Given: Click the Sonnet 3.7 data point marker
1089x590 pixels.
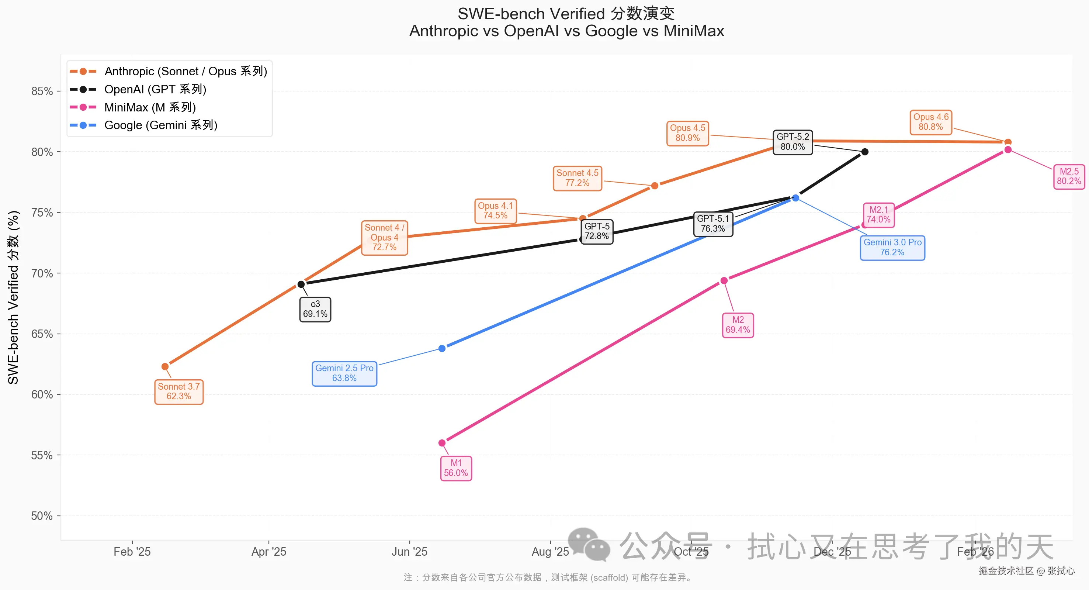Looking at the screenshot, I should pos(165,366).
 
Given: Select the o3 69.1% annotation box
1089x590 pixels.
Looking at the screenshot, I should pos(315,309).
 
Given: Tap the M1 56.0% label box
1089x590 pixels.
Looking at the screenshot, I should pos(456,468).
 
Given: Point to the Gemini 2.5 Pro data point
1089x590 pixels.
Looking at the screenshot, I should pos(442,348).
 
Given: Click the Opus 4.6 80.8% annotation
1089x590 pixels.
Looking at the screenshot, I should pos(930,122).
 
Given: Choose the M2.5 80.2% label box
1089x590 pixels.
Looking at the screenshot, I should pos(1068,176).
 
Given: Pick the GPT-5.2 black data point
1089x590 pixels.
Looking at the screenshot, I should pos(864,152).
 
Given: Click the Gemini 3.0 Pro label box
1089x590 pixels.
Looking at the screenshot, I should pos(892,248).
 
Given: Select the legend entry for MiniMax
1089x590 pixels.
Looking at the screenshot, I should pos(150,107).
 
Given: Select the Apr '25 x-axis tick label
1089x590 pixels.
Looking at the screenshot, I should pos(269,552).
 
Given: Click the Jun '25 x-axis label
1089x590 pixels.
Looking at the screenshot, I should pos(409,552).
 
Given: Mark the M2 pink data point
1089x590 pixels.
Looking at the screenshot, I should pos(724,280).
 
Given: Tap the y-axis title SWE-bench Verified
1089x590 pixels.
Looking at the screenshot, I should pos(14,297).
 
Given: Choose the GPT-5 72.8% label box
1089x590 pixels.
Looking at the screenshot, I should pos(597,231).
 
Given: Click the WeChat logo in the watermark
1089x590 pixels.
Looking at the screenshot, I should pos(589,544).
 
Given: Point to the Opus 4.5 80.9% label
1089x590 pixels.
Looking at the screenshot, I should pos(687,133).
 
